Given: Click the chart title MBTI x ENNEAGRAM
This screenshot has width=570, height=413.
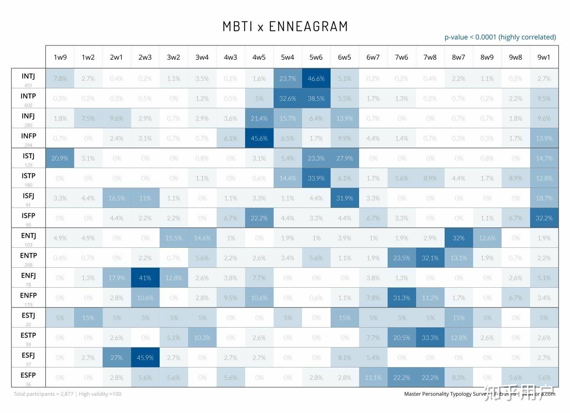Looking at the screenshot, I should click(285, 26).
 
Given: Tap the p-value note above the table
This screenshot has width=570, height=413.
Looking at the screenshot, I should click(500, 37).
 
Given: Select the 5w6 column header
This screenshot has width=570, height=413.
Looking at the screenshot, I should click(316, 57).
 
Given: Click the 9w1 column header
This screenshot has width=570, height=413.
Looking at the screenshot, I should click(544, 57).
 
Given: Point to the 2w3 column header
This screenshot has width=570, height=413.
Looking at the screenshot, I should click(145, 57).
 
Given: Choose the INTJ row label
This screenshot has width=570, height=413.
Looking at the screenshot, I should click(28, 76).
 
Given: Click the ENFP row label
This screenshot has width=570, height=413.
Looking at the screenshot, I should click(28, 296).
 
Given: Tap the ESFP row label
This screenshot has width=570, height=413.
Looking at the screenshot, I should click(28, 375).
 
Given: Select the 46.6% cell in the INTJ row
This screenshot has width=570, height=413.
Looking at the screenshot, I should click(316, 79).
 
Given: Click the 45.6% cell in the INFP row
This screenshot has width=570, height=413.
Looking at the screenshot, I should click(259, 138).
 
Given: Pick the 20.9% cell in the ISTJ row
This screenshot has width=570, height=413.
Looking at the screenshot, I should click(59, 158).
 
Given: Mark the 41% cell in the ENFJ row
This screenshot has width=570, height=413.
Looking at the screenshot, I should click(145, 278).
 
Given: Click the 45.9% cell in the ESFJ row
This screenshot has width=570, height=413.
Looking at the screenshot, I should click(145, 358).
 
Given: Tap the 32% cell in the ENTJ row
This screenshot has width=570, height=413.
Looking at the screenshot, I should click(458, 238).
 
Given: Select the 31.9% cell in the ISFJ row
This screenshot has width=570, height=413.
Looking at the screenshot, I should click(344, 198).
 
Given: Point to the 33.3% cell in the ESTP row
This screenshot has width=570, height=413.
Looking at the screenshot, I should click(430, 338).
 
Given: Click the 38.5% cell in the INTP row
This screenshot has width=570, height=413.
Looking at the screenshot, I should click(316, 99).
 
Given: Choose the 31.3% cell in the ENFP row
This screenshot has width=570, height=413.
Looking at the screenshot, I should click(401, 298).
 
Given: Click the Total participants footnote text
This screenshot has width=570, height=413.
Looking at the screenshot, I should click(67, 394).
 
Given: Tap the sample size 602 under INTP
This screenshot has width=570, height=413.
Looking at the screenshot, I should click(28, 105).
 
